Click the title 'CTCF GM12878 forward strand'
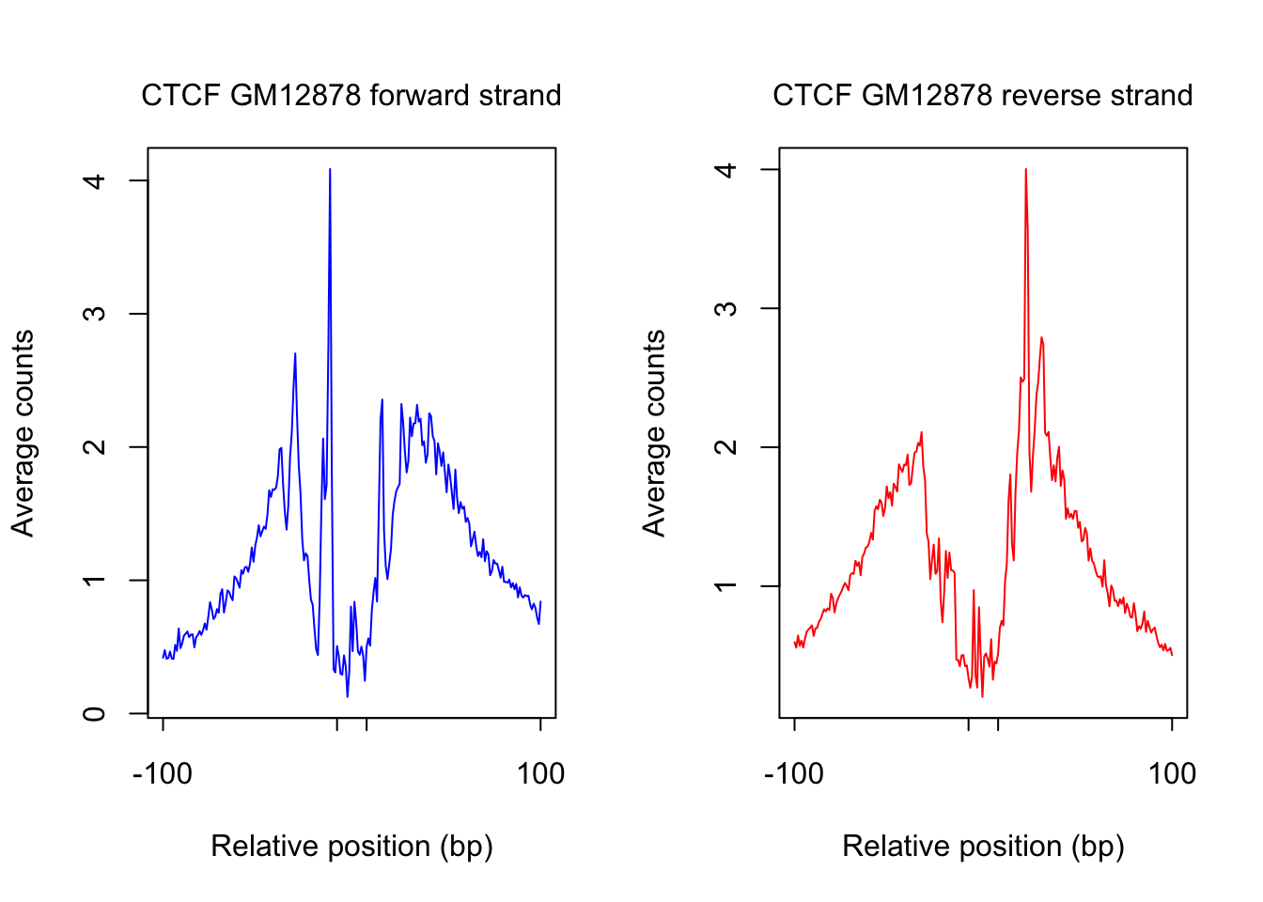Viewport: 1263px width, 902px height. (351, 96)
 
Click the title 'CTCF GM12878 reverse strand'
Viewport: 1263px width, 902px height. (982, 96)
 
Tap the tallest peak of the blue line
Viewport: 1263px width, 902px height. (330, 170)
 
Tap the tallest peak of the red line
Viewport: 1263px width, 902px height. (1025, 170)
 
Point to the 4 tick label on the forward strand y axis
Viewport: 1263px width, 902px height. (94, 180)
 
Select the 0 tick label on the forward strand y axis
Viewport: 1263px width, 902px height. (94, 714)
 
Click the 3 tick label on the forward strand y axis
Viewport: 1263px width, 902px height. (94, 314)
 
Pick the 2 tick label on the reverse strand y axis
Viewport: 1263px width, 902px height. (725, 447)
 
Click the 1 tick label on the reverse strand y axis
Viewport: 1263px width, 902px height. (725, 586)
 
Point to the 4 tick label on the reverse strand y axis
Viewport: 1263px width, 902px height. (725, 170)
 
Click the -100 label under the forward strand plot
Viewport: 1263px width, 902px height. (163, 774)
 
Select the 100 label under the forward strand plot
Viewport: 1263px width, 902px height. (540, 774)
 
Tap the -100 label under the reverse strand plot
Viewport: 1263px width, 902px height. (794, 774)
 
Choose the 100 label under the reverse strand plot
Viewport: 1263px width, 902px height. (1172, 774)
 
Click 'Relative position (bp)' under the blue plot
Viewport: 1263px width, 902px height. (351, 847)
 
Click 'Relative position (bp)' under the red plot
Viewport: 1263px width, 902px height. (983, 847)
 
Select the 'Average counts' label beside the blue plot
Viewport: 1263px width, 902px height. (23, 433)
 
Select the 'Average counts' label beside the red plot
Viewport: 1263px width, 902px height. (654, 433)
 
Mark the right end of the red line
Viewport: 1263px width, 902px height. (1172, 655)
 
